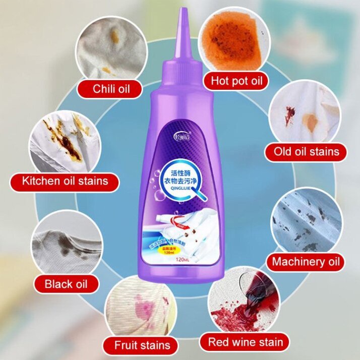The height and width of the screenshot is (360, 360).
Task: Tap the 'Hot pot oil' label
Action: [x=236, y=81]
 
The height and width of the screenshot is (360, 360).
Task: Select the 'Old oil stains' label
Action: [x=307, y=151]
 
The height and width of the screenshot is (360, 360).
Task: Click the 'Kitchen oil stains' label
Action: [x=65, y=181]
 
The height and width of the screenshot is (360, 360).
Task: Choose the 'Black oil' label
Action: [x=66, y=284]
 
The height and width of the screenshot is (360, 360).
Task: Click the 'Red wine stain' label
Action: [x=245, y=342]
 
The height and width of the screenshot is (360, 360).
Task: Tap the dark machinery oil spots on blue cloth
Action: [x=305, y=221]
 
